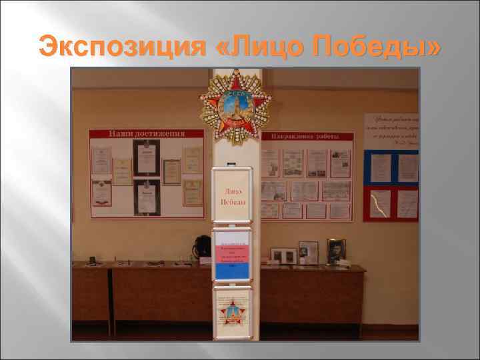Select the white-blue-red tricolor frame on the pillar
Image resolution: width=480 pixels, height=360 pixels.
point(232,255)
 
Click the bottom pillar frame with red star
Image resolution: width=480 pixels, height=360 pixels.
point(232,312)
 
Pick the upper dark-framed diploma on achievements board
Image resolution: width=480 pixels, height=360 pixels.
point(146,157)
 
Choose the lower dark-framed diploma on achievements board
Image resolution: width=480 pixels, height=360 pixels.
point(147,197)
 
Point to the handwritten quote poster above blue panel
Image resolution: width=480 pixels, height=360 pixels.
point(391,130)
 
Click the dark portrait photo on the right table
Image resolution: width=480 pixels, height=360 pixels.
point(336,251)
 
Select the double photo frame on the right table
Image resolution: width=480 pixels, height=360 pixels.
point(284,255)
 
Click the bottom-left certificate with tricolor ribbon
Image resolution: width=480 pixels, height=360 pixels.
point(101,193)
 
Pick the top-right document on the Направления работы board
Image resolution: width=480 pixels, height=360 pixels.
point(341,163)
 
